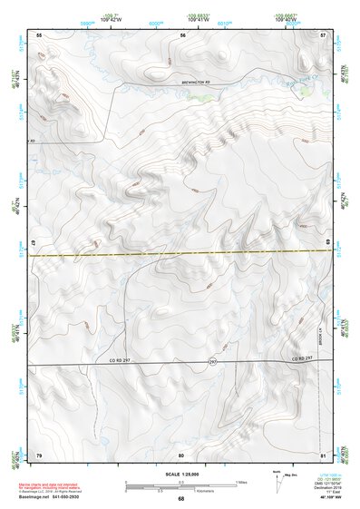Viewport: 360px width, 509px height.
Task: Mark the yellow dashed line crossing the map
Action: pos(181,253)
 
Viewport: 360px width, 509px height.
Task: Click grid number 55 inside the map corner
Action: pos(39,34)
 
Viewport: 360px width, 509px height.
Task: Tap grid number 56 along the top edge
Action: pos(182,34)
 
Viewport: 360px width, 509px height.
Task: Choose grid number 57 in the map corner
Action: pos(324,34)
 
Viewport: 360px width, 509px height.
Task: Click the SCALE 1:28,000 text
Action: pos(180,475)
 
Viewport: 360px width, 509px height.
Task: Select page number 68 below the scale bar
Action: pos(180,498)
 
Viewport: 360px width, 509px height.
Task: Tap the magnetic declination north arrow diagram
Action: pos(279,482)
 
